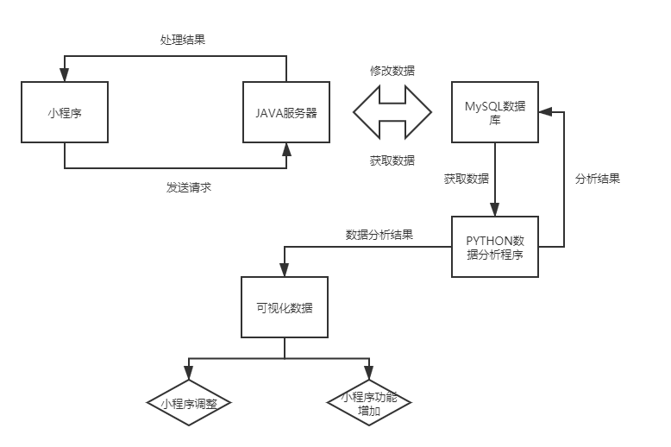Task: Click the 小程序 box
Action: point(65,112)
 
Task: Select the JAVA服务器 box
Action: point(285,112)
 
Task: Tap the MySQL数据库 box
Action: point(495,112)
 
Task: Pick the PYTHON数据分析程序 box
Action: point(495,246)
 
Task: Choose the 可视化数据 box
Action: point(285,307)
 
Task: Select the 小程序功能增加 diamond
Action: point(370,403)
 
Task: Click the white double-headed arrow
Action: point(392,112)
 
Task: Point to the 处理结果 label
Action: point(183,40)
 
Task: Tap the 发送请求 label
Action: point(188,186)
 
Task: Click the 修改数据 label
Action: point(392,71)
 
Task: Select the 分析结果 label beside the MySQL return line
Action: point(597,179)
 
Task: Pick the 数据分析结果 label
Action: point(379,234)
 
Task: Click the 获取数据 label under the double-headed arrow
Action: point(392,161)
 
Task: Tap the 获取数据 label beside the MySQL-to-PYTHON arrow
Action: point(467,179)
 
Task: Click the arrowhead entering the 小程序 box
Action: point(65,76)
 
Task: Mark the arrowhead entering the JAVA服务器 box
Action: point(285,149)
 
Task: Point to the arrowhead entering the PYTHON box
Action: point(495,210)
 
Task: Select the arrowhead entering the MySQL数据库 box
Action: point(546,112)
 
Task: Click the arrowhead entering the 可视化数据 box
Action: point(285,270)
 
